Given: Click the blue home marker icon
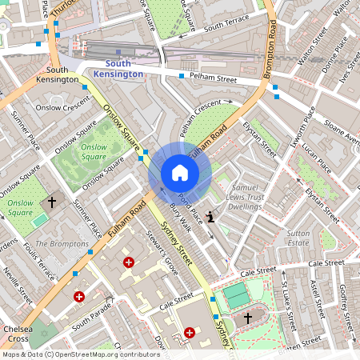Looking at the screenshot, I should point(180,173).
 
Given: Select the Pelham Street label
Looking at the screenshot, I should point(213,78).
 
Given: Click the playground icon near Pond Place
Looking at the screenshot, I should point(210,216).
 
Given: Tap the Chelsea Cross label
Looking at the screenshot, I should point(17,334).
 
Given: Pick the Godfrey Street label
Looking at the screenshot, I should point(346,303).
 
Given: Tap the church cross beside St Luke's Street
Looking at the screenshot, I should point(247,318).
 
